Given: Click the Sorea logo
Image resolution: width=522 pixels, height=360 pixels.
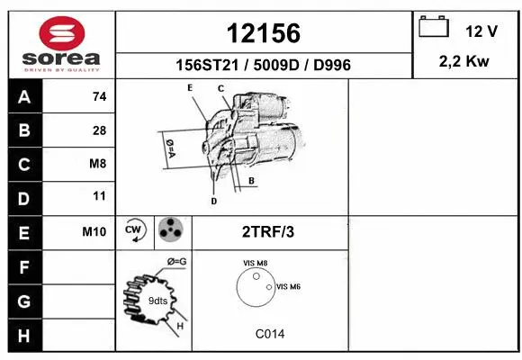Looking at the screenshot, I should [60, 44].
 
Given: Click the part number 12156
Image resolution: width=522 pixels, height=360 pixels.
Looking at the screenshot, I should [263, 32].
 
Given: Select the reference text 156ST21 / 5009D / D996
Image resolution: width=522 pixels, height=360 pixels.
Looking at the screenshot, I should [263, 65].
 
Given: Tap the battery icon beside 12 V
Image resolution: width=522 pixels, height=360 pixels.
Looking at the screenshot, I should [434, 28].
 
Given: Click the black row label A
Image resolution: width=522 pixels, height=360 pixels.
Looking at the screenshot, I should [23, 97].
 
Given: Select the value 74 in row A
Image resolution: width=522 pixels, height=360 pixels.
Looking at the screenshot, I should [99, 97].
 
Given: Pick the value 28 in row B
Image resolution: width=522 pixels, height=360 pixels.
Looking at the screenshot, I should [99, 130].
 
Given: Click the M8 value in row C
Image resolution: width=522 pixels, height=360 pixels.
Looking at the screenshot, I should [99, 164].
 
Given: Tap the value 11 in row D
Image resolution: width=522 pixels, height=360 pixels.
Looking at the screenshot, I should [99, 196].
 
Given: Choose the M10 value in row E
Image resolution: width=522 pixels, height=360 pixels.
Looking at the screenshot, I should [94, 231].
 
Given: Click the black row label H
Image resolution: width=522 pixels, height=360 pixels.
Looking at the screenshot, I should [23, 334].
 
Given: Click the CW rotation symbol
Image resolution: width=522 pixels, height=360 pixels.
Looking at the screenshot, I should [135, 230].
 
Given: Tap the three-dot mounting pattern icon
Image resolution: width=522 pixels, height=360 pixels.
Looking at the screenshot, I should [171, 230].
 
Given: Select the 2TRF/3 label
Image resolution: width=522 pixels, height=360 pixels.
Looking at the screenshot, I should [268, 231].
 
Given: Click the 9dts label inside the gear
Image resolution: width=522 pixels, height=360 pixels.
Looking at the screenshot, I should [158, 300].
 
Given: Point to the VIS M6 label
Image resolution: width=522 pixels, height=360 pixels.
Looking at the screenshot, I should [288, 286].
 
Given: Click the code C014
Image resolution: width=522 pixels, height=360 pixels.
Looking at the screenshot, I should [269, 333].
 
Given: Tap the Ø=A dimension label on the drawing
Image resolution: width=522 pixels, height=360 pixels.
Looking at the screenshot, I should [168, 148].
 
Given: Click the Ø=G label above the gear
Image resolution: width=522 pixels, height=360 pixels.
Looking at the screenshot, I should [175, 262].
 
